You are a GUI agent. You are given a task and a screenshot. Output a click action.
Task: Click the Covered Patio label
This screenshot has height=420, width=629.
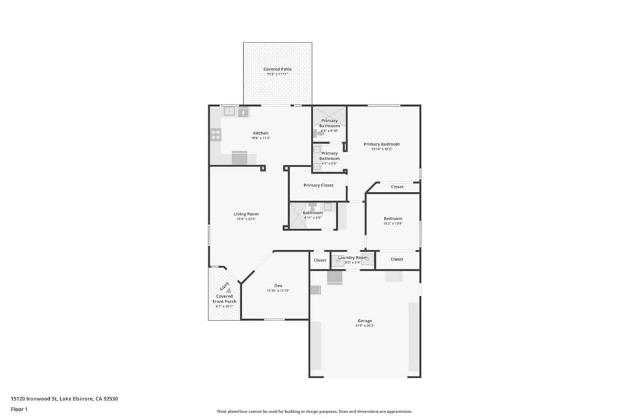[x=277, y=69]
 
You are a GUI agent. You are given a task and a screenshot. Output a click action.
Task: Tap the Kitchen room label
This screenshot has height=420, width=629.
[x=260, y=133]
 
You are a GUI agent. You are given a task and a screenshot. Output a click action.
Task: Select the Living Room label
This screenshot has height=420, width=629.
[x=246, y=214]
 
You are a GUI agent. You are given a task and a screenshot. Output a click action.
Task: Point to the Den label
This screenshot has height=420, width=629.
[x=278, y=285]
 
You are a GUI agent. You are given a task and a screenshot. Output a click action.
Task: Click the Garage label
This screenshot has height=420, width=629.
[x=365, y=320]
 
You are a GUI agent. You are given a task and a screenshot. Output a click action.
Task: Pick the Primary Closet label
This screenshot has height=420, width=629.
[x=318, y=185]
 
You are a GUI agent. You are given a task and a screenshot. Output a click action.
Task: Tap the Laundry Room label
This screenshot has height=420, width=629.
[x=353, y=257]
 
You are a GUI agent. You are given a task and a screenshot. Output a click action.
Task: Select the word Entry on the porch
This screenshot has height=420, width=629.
[x=225, y=286]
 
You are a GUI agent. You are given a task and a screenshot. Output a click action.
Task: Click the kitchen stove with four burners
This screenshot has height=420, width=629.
[x=216, y=133]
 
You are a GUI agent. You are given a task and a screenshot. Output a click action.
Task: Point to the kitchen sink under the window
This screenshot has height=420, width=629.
[x=229, y=112]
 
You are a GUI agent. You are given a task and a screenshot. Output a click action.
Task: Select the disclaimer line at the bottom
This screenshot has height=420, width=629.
[x=314, y=411]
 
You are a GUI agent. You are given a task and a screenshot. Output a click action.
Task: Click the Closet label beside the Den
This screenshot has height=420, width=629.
[x=320, y=260]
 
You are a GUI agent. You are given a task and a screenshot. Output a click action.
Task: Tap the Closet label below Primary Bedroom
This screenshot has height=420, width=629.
[x=397, y=186]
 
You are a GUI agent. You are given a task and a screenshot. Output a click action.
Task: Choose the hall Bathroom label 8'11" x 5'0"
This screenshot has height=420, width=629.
[x=313, y=213]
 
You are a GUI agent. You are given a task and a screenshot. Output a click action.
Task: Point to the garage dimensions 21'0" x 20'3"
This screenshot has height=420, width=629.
[x=365, y=325]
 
